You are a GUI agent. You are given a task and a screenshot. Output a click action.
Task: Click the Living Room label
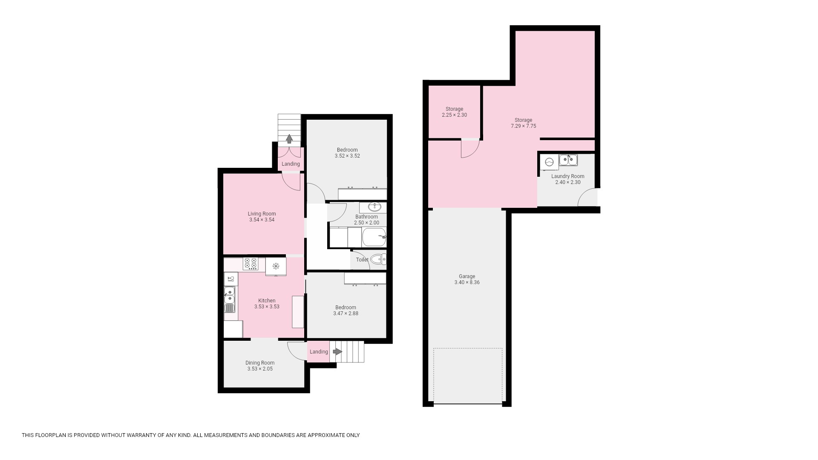[262, 214]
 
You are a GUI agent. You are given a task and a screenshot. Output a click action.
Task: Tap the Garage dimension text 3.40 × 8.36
[467, 282]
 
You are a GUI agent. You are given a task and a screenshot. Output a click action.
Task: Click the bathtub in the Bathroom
[374, 237]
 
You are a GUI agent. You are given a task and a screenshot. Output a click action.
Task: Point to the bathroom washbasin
[374, 207]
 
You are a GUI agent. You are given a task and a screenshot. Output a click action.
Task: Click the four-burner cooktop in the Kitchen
[251, 264]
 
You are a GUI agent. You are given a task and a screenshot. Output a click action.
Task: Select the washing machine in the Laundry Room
[549, 162]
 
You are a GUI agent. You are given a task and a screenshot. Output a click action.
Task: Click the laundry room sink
[568, 160]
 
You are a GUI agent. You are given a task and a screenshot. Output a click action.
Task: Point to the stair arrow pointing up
[289, 138]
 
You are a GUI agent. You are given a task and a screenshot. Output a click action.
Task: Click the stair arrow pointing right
[337, 351]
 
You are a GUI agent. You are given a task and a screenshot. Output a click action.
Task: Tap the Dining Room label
[260, 363]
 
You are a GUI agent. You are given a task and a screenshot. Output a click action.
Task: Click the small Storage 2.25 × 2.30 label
[454, 112]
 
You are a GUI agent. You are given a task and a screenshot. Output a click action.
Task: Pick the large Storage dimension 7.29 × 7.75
[523, 126]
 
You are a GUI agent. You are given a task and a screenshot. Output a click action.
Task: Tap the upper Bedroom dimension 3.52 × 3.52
[347, 156]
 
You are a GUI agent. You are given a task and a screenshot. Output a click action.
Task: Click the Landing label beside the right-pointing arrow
[319, 352]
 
